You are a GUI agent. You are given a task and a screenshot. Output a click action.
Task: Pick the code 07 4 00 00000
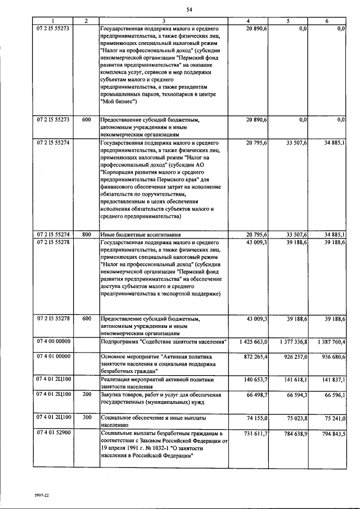tap(53, 341)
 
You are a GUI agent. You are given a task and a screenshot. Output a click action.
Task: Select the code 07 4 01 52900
tap(53, 435)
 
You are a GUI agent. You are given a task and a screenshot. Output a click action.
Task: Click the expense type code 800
tap(86, 234)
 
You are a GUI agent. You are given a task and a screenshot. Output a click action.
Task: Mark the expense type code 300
tap(86, 418)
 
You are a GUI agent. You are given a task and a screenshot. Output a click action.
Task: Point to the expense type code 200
tap(86, 398)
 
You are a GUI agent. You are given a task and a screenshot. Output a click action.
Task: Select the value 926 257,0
tap(294, 357)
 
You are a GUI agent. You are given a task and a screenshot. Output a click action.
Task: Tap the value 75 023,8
tap(295, 418)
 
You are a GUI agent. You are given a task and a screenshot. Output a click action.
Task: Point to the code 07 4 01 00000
tap(53, 357)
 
